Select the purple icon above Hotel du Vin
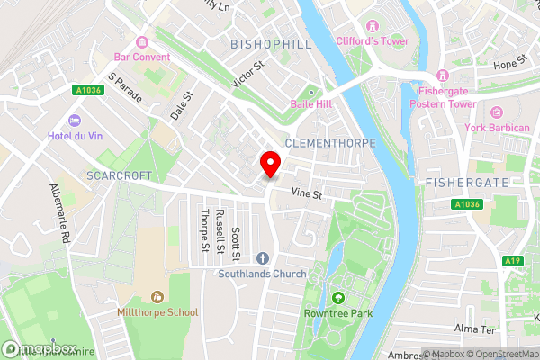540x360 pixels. [75, 121]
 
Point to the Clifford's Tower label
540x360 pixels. [373, 41]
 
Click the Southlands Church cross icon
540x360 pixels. [262, 258]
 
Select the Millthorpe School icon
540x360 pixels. [158, 296]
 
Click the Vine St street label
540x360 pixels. [306, 193]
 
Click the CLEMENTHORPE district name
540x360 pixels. [325, 143]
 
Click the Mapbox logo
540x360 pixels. [40, 349]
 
